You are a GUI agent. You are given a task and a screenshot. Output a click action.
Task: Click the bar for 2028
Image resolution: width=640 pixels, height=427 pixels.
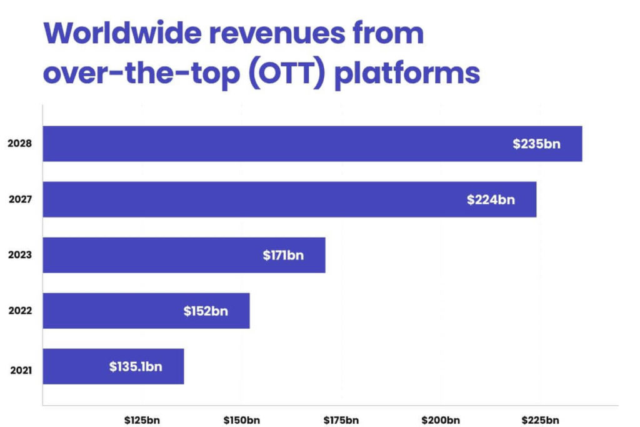pyautogui.click(x=312, y=144)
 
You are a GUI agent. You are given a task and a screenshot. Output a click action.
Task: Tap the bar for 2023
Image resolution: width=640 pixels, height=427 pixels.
pyautogui.click(x=184, y=255)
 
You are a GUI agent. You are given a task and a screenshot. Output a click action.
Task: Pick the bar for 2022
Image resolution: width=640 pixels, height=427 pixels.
pyautogui.click(x=146, y=311)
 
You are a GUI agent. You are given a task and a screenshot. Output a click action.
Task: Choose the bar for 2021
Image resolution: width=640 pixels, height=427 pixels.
pyautogui.click(x=113, y=366)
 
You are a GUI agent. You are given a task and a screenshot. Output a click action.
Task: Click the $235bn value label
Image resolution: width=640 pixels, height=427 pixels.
pyautogui.click(x=536, y=144)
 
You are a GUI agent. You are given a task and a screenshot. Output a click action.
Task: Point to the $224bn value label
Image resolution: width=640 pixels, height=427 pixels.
pyautogui.click(x=491, y=200)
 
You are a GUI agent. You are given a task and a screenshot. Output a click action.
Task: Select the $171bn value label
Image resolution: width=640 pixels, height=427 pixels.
pyautogui.click(x=283, y=256)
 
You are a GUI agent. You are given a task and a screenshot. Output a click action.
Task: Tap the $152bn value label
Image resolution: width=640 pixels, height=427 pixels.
pyautogui.click(x=206, y=311)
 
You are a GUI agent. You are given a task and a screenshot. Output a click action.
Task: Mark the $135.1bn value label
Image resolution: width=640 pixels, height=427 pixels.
pyautogui.click(x=136, y=366)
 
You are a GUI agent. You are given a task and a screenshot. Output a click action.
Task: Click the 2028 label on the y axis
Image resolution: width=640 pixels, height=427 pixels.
pyautogui.click(x=20, y=144)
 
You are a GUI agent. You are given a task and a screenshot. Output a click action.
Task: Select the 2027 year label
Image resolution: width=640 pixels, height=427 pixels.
pyautogui.click(x=20, y=200)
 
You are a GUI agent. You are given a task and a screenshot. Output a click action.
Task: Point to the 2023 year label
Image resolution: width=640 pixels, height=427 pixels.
pyautogui.click(x=20, y=256)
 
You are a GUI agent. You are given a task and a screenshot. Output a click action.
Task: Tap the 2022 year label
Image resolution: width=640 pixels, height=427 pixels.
pyautogui.click(x=20, y=311)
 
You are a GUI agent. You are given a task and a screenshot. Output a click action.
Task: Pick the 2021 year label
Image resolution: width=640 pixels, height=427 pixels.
pyautogui.click(x=20, y=370)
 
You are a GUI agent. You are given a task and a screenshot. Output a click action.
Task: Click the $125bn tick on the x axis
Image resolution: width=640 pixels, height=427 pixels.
pyautogui.click(x=142, y=419)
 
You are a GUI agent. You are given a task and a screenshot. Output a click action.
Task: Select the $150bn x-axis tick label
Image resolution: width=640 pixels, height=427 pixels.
pyautogui.click(x=241, y=419)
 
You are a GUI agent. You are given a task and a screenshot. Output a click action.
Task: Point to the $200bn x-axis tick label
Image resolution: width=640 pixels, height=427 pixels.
pyautogui.click(x=441, y=419)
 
